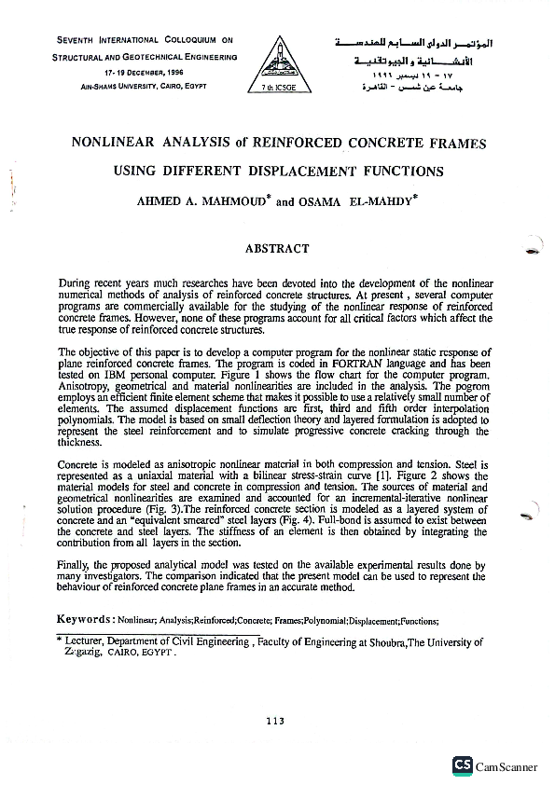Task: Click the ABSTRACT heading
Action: click(276, 249)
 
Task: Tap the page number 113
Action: click(274, 720)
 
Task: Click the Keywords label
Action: click(85, 619)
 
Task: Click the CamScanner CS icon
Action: click(462, 765)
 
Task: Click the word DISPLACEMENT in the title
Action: click(296, 172)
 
